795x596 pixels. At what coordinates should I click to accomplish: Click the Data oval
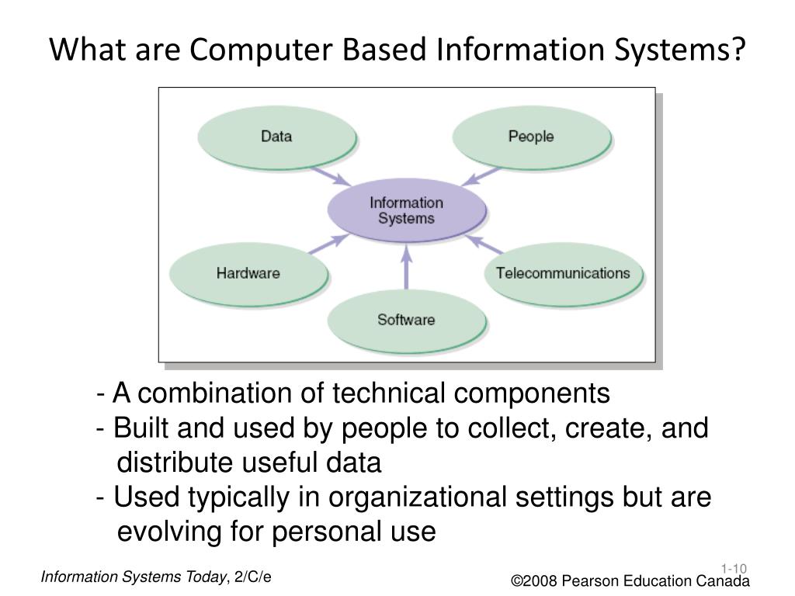pyautogui.click(x=276, y=137)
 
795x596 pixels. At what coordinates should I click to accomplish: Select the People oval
pyautogui.click(x=531, y=137)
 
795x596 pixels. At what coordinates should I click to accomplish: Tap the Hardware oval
pyautogui.click(x=248, y=273)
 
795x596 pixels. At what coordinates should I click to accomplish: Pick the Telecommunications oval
pyautogui.click(x=563, y=273)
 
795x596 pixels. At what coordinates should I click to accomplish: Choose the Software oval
pyautogui.click(x=406, y=319)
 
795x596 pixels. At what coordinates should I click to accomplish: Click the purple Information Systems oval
pyautogui.click(x=406, y=210)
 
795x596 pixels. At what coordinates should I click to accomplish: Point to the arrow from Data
pyautogui.click(x=329, y=175)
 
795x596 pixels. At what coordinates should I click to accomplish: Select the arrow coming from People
pyautogui.click(x=481, y=175)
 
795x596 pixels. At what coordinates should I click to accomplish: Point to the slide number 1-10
pyautogui.click(x=733, y=569)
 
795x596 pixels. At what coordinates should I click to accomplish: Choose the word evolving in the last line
pyautogui.click(x=168, y=532)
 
